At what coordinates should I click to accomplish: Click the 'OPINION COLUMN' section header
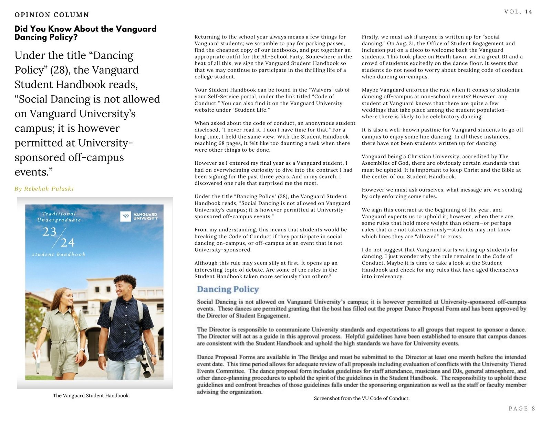pos(52,15)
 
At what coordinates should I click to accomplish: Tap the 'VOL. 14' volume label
pos(518,12)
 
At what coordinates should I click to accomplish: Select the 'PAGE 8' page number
pos(522,408)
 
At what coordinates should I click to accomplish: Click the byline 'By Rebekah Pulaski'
pos(44,189)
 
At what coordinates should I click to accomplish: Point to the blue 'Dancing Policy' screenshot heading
pos(228,289)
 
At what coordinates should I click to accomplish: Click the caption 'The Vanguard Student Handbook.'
pos(91,395)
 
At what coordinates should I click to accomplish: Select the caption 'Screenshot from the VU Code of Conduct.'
pos(362,398)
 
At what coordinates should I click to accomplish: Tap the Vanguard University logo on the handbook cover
pos(139,216)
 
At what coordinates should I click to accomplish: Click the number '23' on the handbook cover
pos(49,232)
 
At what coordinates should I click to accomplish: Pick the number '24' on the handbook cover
pos(67,243)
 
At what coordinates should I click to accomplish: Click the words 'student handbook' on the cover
pos(59,254)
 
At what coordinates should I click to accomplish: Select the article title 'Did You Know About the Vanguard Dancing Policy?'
pos(85,33)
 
